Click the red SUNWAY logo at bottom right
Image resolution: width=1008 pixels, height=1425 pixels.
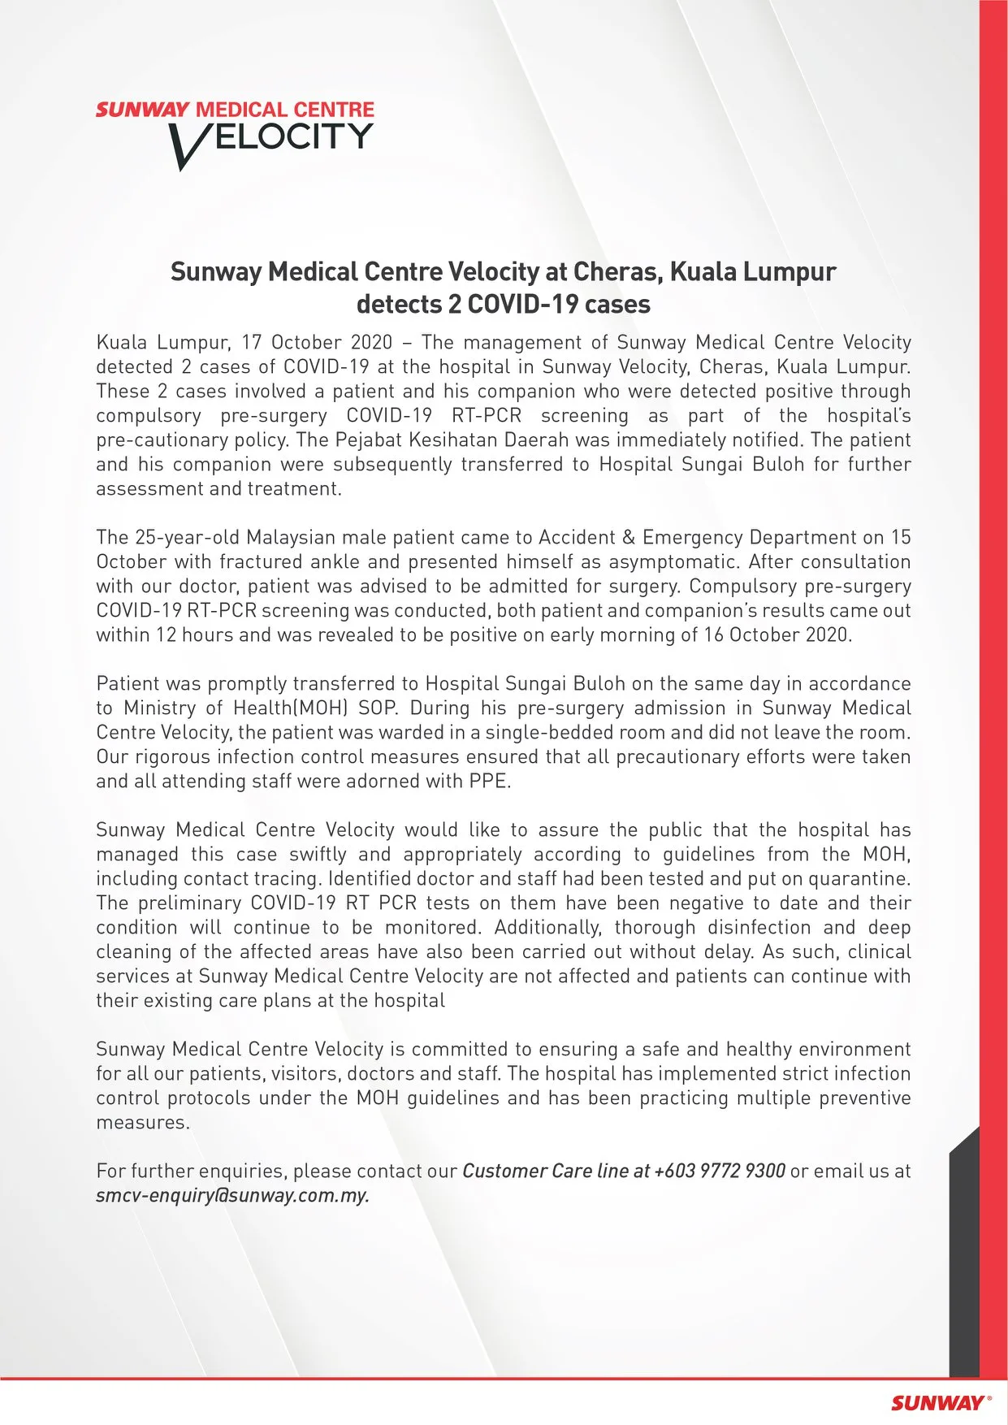(x=939, y=1402)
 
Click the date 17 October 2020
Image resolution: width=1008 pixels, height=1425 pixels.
(x=317, y=342)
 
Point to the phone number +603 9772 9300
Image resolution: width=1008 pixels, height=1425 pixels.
(x=720, y=1171)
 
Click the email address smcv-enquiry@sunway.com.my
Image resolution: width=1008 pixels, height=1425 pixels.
(x=232, y=1195)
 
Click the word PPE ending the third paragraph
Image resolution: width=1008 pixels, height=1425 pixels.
(x=489, y=781)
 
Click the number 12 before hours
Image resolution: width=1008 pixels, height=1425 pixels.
(x=166, y=635)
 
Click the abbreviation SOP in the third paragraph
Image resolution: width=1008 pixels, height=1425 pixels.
(x=377, y=708)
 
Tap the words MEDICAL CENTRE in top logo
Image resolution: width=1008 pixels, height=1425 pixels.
(x=285, y=110)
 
